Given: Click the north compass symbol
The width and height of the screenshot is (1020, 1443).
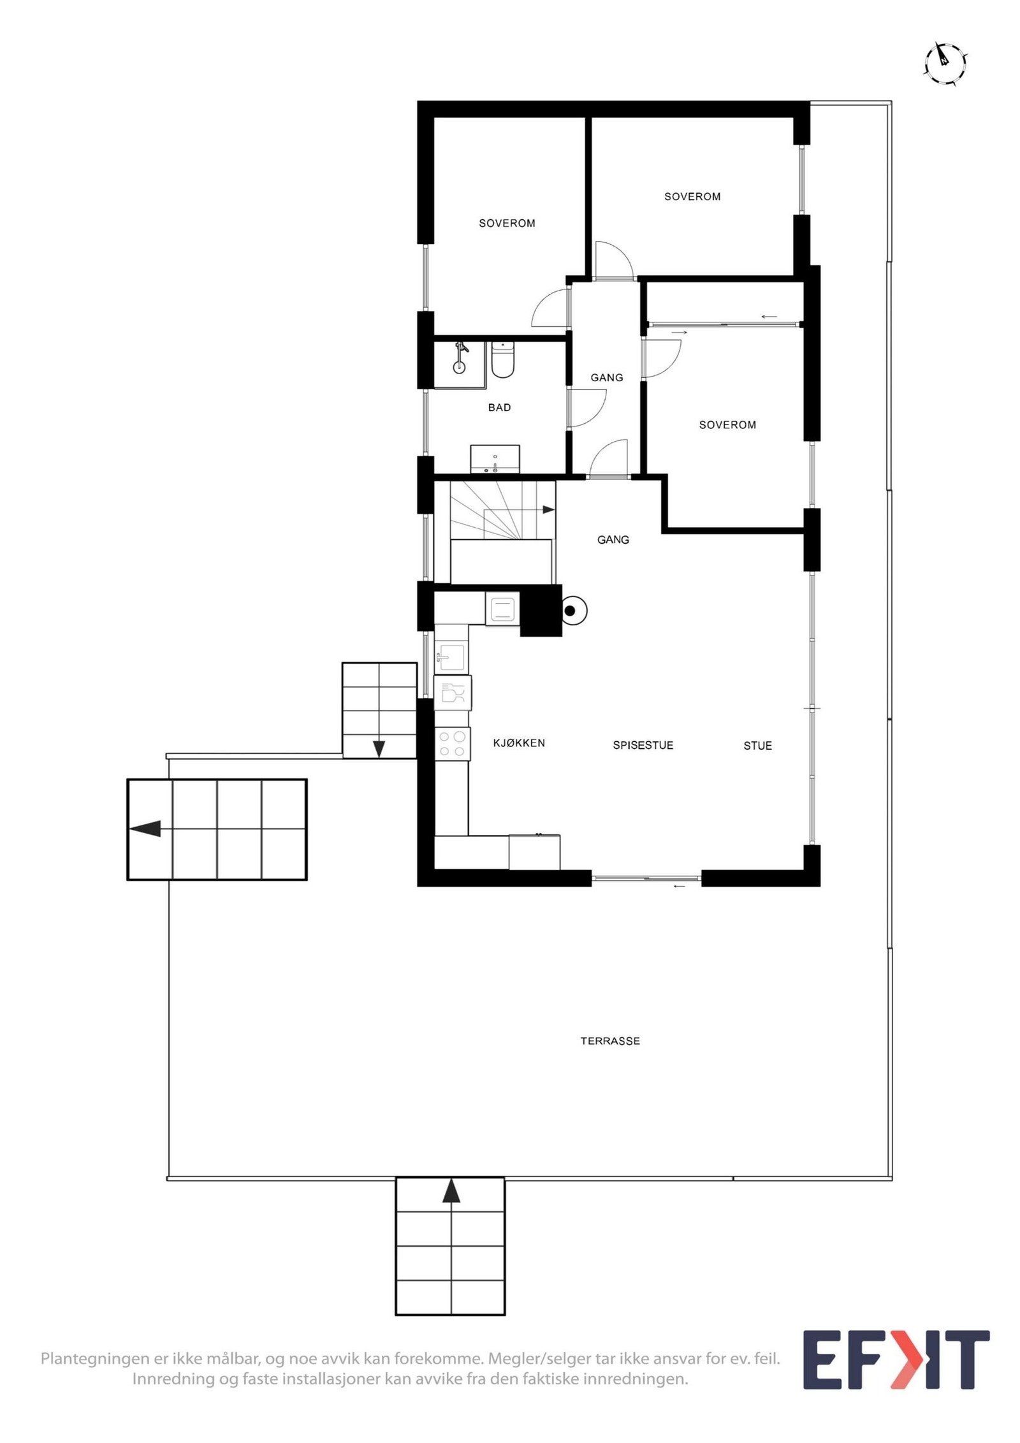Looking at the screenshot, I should (x=945, y=63).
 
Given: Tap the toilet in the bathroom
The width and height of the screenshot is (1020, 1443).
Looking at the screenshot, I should (x=502, y=361).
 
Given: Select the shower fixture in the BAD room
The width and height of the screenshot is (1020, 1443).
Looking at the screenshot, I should (x=460, y=359).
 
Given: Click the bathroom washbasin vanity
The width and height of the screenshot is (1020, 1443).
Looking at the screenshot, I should (x=495, y=459).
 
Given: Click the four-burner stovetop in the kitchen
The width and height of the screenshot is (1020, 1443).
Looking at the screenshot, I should (x=452, y=743).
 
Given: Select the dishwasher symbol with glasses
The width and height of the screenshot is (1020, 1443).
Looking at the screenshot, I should (x=452, y=693).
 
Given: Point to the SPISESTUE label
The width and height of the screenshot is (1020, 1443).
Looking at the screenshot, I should (x=643, y=745).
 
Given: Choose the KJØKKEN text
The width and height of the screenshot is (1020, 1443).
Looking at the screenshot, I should (x=519, y=743).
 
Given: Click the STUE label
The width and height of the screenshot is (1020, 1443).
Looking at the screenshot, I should (x=757, y=746).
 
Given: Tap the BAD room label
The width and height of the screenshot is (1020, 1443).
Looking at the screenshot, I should (x=499, y=407).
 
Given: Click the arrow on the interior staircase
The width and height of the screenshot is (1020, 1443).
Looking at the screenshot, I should (x=548, y=509).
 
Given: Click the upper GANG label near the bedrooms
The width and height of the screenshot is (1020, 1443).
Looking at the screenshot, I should (x=606, y=377).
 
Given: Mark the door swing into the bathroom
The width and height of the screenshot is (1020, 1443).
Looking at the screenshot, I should (x=588, y=408).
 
